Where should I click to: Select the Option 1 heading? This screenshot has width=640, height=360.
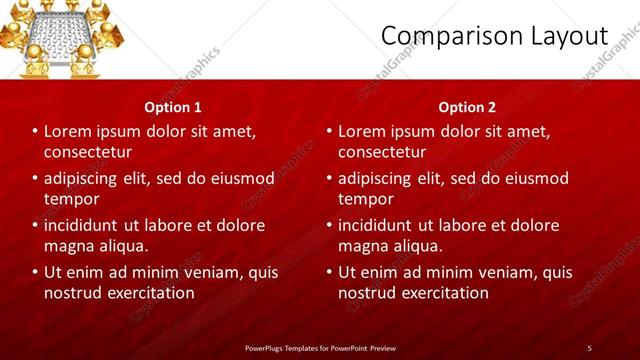173,107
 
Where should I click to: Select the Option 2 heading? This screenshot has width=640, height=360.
467,107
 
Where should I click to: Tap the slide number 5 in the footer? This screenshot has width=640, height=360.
589,347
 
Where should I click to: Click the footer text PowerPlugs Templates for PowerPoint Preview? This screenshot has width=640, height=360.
319,347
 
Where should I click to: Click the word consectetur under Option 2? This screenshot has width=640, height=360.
382,152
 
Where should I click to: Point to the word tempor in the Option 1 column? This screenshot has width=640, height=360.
70,198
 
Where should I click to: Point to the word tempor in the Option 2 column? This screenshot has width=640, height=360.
364,198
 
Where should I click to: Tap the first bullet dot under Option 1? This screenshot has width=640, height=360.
35,132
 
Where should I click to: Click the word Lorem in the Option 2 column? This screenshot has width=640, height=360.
361,132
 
